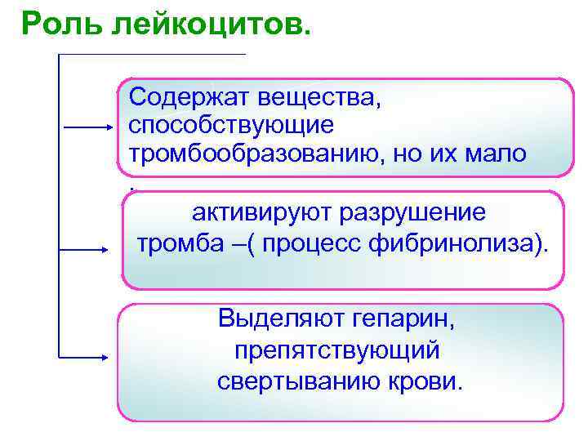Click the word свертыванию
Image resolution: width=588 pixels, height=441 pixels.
tap(296, 381)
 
